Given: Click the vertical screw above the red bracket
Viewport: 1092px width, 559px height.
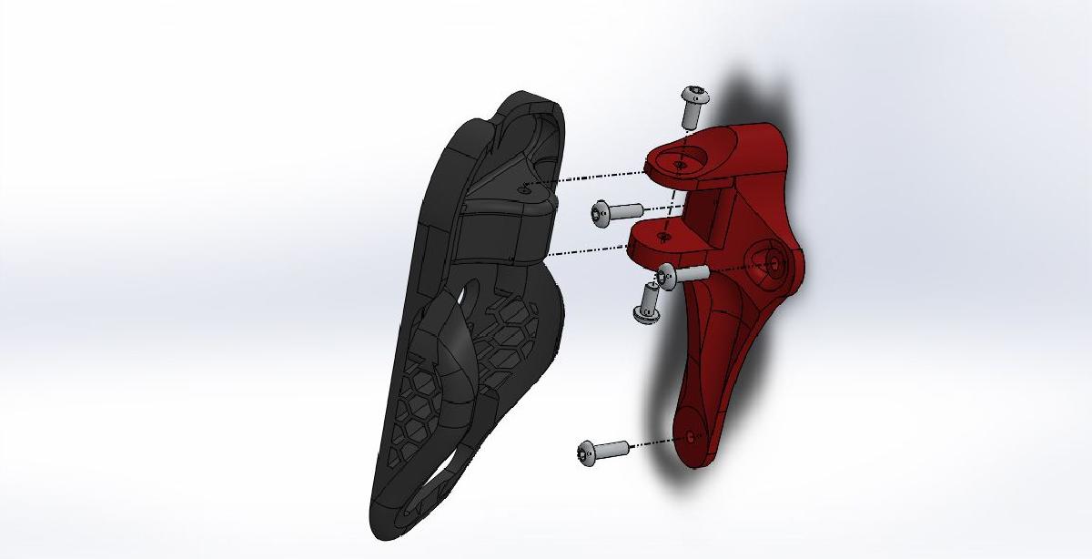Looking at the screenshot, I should click(693, 107).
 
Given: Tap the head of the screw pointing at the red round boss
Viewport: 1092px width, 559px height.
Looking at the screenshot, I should click(667, 275).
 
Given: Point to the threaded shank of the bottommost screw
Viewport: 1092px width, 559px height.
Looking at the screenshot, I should click(614, 448).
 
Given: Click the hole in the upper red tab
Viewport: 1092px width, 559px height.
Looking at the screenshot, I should click(680, 165).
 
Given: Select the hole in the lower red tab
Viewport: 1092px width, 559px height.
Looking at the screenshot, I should click(663, 237).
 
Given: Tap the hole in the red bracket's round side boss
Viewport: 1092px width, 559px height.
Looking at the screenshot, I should click(773, 261).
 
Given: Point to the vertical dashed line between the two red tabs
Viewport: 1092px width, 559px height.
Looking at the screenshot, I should click(672, 200).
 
